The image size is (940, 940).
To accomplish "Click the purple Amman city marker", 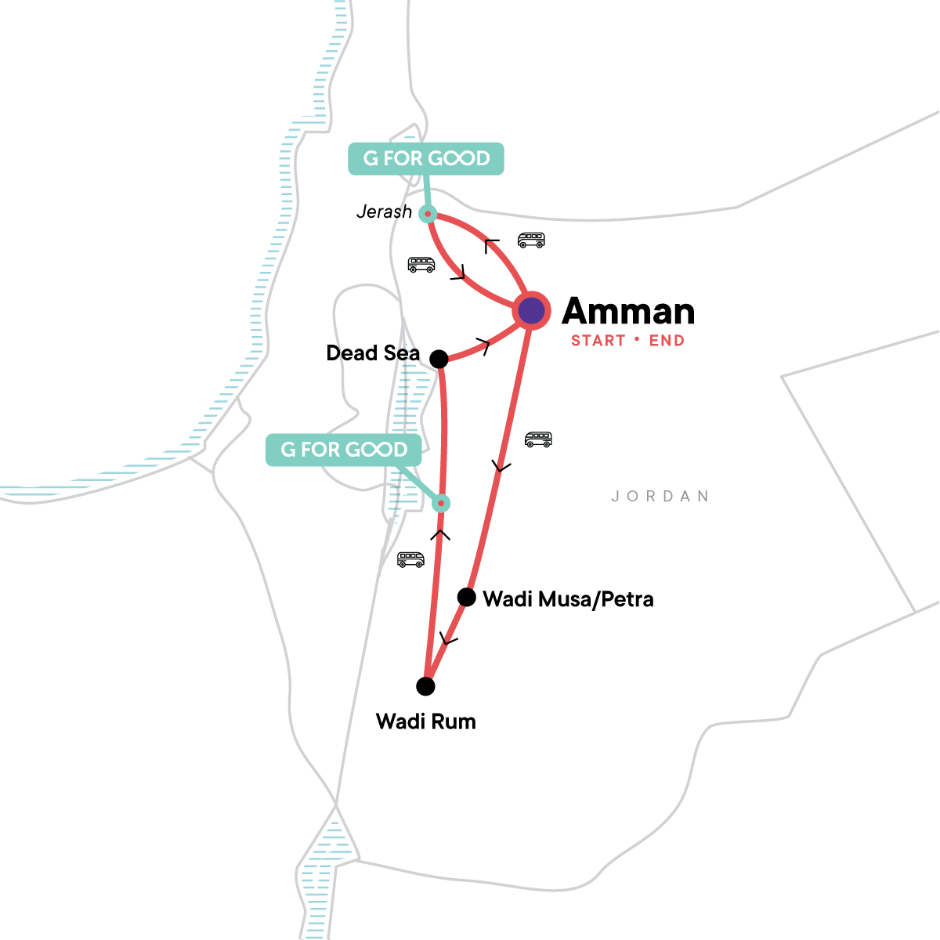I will [x=531, y=311].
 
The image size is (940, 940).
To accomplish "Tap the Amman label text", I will [x=628, y=311].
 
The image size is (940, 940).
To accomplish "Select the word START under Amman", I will [x=598, y=341].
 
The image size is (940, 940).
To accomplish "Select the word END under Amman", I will [x=667, y=341].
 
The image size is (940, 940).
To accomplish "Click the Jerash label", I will [x=384, y=211].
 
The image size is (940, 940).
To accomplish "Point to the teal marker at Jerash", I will [x=428, y=213].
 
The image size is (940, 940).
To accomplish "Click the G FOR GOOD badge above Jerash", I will [x=425, y=158].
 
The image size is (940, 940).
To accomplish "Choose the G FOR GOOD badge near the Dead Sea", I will [x=344, y=450].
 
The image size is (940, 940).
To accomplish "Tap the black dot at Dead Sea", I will [x=439, y=359].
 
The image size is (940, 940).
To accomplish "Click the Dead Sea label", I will [x=373, y=353].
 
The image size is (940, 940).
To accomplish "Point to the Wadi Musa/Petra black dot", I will [x=467, y=598].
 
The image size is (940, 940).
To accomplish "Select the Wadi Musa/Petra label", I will [x=568, y=599].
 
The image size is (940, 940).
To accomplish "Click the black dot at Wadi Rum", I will [x=425, y=686].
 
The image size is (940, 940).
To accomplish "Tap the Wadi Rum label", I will [x=425, y=721].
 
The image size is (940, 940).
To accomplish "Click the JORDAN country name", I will [x=660, y=497].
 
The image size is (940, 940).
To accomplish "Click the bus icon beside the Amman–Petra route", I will [x=538, y=439].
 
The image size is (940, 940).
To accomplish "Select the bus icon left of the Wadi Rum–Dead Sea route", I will [x=410, y=559].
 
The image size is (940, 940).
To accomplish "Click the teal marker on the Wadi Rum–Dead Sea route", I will [x=442, y=503].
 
